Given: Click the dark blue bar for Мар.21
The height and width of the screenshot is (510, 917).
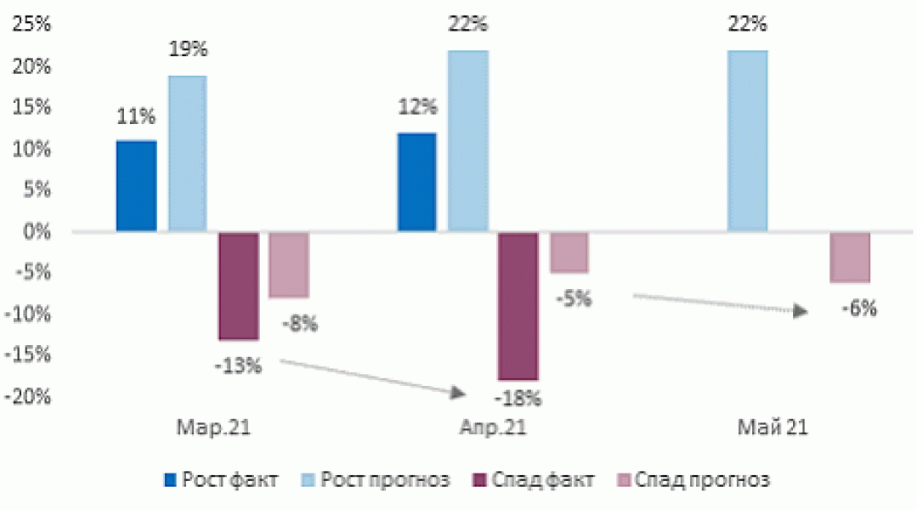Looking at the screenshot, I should coord(136,186).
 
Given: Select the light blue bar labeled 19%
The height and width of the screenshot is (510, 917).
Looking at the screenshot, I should coord(187,154).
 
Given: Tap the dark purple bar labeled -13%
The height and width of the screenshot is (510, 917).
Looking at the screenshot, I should coord(238,286).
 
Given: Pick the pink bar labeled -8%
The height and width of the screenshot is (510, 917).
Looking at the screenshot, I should coord(289,264).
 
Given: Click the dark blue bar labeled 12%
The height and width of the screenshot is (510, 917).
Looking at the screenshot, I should coord(416,182).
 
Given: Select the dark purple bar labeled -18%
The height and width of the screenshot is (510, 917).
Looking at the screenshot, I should coord(518,306).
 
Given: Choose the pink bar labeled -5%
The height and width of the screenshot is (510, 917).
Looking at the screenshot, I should coord(569,252).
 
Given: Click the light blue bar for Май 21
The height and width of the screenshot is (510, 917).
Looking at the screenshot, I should coord(747,141).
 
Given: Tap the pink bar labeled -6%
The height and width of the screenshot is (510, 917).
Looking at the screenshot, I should coord(850,257).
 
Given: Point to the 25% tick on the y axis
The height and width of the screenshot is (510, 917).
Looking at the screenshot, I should coord(31,25).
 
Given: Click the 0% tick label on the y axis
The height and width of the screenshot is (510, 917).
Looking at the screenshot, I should coord(38,232).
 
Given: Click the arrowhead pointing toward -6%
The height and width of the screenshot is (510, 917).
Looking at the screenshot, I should coord(800,312).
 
